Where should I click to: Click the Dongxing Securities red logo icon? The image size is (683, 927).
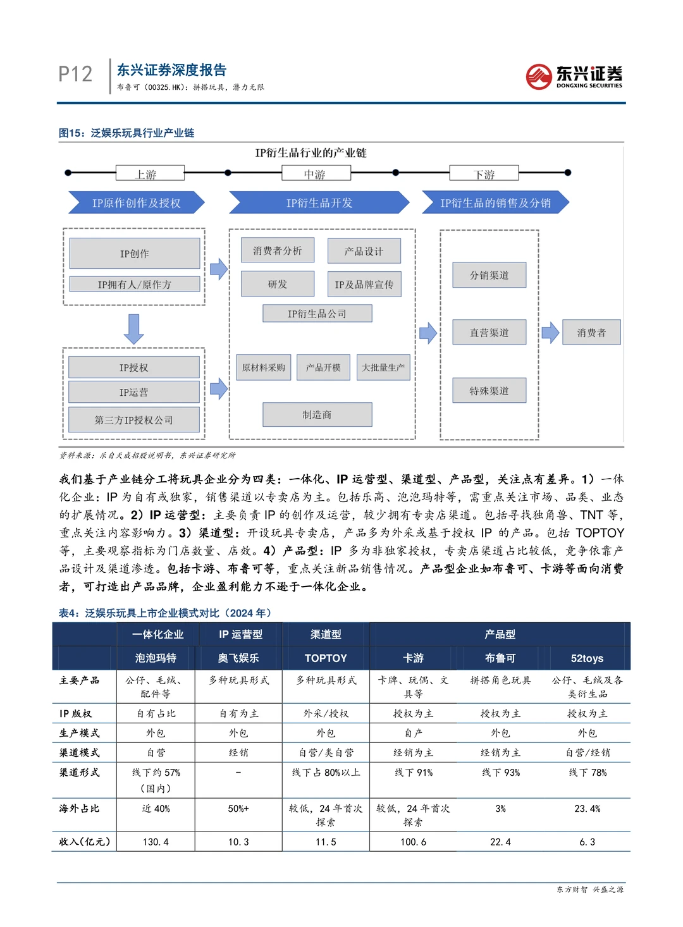coord(539,77)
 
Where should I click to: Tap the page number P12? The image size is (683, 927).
coord(75,74)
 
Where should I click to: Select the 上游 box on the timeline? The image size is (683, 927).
coord(150,173)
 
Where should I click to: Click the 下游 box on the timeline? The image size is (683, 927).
coord(484,173)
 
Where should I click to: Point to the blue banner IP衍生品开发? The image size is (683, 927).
coord(319,203)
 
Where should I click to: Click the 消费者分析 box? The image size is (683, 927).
coord(277,251)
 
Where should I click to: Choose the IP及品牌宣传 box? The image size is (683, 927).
coord(364,285)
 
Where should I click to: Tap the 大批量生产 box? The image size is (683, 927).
coord(383,367)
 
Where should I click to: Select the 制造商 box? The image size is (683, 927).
coord(317,415)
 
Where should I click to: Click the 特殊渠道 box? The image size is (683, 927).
coord(489,391)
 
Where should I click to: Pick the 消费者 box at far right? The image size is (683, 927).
coord(591,333)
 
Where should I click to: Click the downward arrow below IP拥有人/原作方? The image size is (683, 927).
coord(133,328)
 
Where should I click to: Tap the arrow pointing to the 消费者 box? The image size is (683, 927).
coord(550,333)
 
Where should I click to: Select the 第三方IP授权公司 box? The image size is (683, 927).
coord(133,420)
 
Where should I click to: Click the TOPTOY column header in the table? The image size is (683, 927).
coord(326,658)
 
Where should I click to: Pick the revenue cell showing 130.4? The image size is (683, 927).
coord(156,842)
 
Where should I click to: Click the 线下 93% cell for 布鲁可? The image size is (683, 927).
coord(500,773)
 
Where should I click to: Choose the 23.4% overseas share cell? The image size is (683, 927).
coord(587,809)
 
